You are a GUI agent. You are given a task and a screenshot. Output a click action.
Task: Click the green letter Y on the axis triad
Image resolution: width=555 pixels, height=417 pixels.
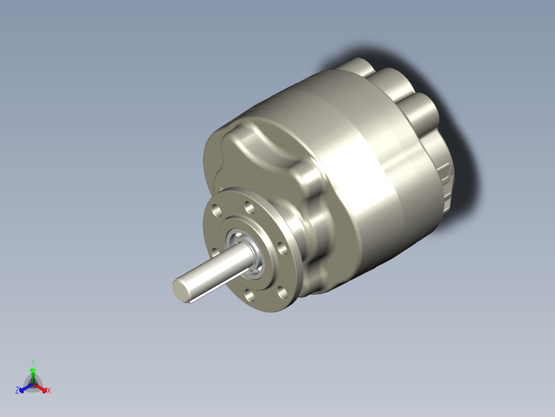coord(32,363)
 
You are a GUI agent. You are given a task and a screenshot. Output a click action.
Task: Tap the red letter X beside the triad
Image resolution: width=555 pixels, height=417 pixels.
coord(49,391)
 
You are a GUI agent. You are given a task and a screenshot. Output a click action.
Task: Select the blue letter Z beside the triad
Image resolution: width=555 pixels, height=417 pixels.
coord(17,390)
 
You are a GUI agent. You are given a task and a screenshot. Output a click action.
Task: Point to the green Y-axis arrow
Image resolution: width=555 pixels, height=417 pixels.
coord(33,375)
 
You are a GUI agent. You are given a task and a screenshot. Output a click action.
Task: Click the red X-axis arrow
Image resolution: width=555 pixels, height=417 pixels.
coord(40,387)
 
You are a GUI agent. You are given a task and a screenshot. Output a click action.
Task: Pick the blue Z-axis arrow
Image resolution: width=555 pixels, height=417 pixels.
coord(26,387)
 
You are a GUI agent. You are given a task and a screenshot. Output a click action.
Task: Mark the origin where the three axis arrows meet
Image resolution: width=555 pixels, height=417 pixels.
coord(33,384)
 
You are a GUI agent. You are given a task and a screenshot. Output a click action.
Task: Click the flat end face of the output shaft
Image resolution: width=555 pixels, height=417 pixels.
coord(181,289)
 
